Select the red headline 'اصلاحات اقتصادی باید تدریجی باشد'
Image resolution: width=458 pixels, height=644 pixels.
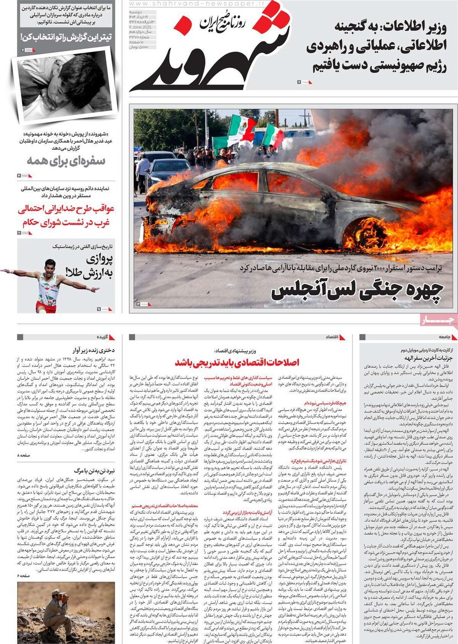(237, 362)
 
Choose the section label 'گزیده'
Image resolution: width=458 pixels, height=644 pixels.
(105, 337)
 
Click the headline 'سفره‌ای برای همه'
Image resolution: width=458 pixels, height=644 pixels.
(66, 161)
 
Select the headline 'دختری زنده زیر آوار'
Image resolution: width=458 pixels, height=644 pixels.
(89, 350)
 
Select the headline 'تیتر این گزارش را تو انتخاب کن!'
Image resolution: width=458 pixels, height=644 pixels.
(66, 37)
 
